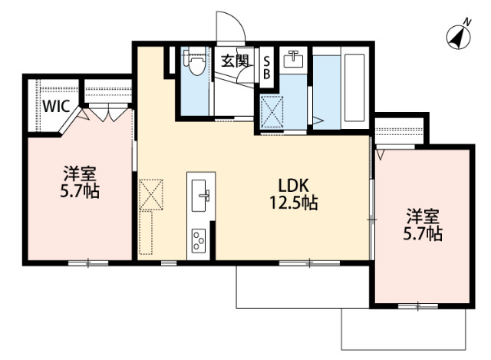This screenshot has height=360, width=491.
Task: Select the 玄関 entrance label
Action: click(x=235, y=61)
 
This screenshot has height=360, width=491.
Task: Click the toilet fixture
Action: click(x=196, y=63)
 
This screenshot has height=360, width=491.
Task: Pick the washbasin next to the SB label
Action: click(x=292, y=58)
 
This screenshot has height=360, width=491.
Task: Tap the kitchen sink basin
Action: click(x=201, y=192)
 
